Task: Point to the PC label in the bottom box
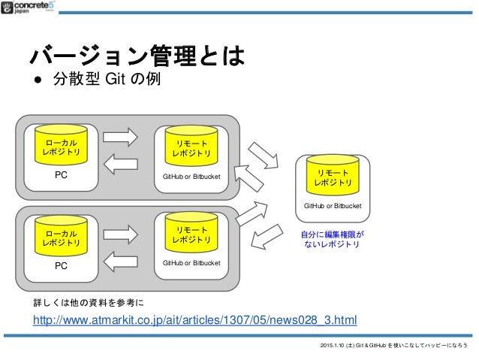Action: (62, 266)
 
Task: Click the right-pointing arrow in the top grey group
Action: (120, 137)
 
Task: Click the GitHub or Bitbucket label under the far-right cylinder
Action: (333, 205)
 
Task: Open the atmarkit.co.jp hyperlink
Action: (194, 322)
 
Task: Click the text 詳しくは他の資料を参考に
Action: (89, 303)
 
